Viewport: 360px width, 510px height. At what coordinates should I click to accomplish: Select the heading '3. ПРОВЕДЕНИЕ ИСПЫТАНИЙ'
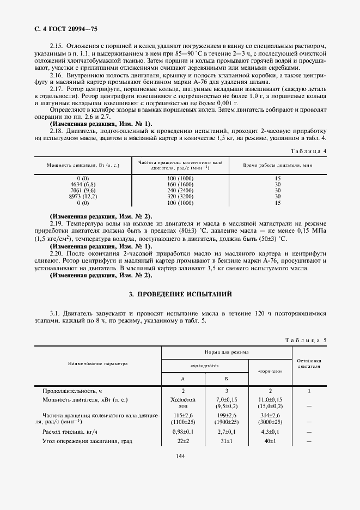[180, 294]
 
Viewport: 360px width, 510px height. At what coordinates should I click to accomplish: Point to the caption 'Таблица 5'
[306, 340]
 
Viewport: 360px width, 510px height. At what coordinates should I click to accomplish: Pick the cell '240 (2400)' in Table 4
[180, 190]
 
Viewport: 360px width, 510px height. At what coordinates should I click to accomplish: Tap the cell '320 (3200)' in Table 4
[180, 196]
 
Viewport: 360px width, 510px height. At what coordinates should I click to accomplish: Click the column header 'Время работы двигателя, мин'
[277, 164]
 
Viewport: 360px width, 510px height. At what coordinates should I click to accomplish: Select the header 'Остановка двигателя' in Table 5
[309, 363]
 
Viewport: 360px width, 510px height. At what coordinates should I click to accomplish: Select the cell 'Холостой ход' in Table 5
[183, 403]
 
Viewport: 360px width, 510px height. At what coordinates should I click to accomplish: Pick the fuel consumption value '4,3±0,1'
[271, 431]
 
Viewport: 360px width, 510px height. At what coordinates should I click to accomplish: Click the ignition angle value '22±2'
[183, 441]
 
